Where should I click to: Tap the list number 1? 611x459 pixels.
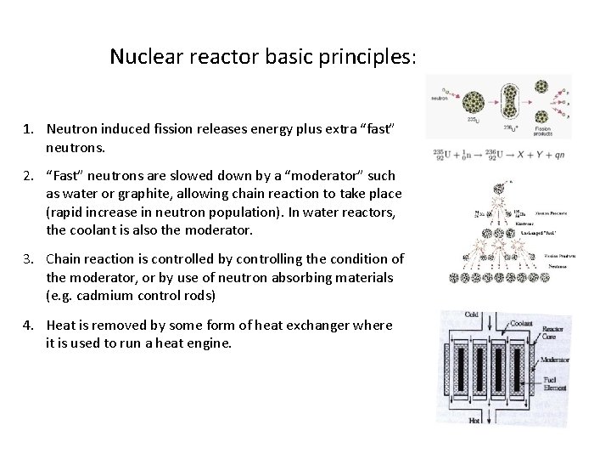pyautogui.click(x=28, y=128)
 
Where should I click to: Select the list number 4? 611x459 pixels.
pyautogui.click(x=28, y=325)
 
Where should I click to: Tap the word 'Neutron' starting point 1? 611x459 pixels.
pyautogui.click(x=73, y=128)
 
